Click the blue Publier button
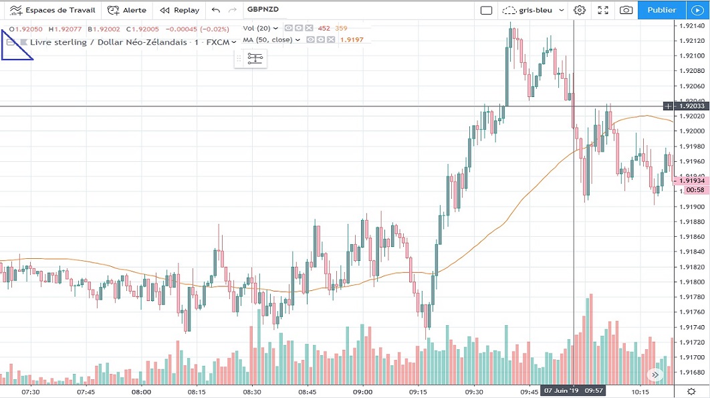pos(662,10)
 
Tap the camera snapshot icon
pos(626,10)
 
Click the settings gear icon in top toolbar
pos(580,10)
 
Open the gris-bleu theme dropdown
pos(535,10)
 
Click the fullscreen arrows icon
pos(603,10)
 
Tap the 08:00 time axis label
pos(141,392)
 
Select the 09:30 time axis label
pos(474,392)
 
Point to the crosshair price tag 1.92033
pos(690,106)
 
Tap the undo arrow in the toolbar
pos(215,10)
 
